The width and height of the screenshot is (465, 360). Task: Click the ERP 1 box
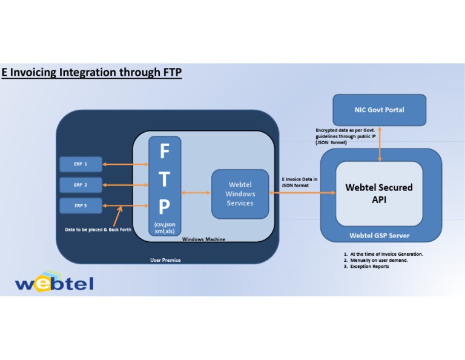pyautogui.click(x=81, y=164)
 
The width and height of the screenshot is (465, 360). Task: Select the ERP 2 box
pyautogui.click(x=81, y=185)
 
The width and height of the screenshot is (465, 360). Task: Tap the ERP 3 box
pyautogui.click(x=81, y=205)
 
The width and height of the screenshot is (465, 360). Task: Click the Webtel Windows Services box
pyautogui.click(x=240, y=194)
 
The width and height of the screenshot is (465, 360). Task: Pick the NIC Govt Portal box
pyautogui.click(x=379, y=110)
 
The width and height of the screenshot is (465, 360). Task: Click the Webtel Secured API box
pyautogui.click(x=379, y=193)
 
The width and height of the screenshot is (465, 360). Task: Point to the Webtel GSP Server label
pyautogui.click(x=379, y=235)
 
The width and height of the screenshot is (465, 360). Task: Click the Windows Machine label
pyautogui.click(x=203, y=239)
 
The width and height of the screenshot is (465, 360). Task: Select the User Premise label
pyautogui.click(x=165, y=260)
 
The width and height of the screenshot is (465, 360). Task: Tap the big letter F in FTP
pyautogui.click(x=164, y=152)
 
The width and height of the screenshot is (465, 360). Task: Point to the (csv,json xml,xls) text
pyautogui.click(x=165, y=228)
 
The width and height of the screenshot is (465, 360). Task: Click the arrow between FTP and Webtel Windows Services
pyautogui.click(x=196, y=193)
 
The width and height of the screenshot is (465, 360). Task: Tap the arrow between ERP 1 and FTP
pyautogui.click(x=125, y=164)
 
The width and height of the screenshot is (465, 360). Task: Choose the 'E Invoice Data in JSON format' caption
pyautogui.click(x=300, y=182)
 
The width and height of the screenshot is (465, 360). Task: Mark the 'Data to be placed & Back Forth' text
pyautogui.click(x=98, y=230)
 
